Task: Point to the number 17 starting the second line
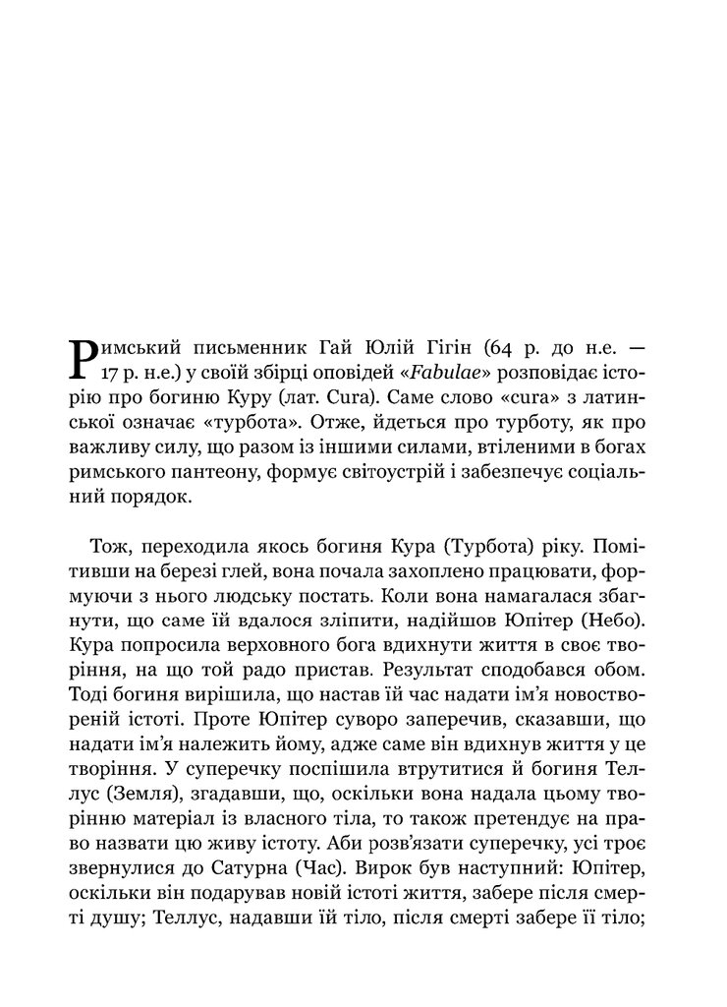click(111, 374)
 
